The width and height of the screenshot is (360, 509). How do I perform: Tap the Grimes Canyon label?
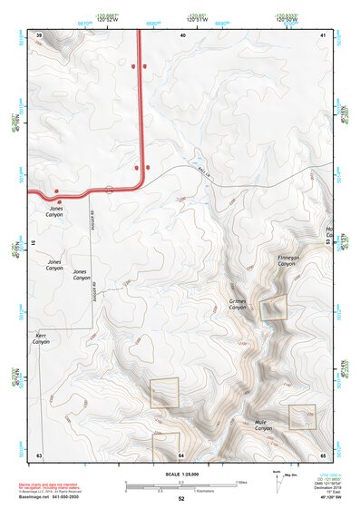(238, 304)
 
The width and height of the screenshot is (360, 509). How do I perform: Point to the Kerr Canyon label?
(42, 338)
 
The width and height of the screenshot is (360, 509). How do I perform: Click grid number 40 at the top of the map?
(182, 34)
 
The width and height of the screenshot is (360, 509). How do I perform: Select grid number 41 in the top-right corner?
(323, 34)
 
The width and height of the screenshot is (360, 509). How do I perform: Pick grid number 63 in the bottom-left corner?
(39, 454)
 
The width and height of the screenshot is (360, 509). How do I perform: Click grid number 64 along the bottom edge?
(181, 454)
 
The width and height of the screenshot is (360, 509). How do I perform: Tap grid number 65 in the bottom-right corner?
(323, 454)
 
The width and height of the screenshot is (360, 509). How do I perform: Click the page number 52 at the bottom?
(181, 499)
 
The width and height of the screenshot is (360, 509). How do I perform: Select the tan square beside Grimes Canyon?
(274, 307)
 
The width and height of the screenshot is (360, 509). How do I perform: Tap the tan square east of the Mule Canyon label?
(301, 416)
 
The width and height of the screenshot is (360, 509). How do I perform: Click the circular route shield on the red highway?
(109, 189)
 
